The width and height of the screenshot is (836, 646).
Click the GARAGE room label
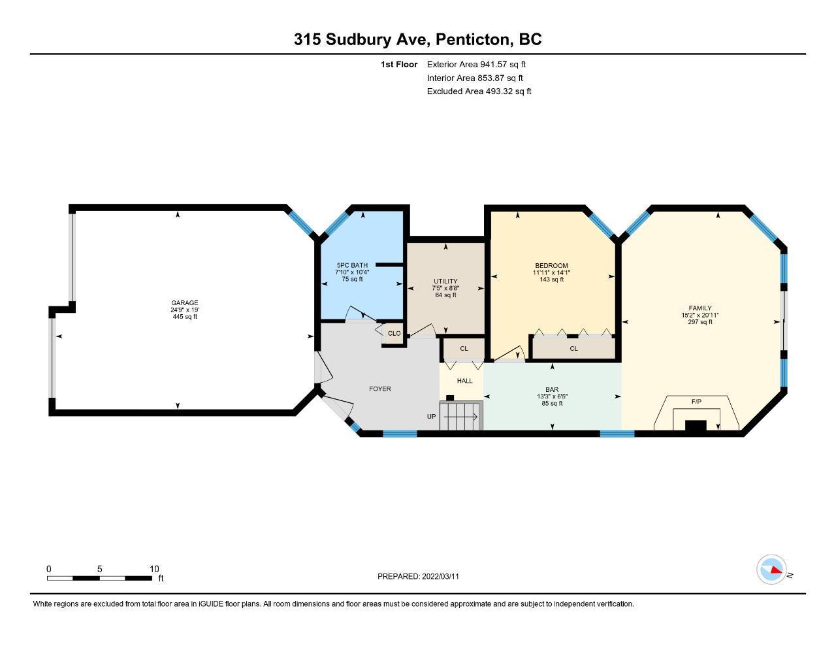pyautogui.click(x=185, y=303)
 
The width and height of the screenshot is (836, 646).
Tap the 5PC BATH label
pyautogui.click(x=352, y=265)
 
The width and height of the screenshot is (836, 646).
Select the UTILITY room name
pyautogui.click(x=445, y=282)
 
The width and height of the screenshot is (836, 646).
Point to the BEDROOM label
pyautogui.click(x=551, y=265)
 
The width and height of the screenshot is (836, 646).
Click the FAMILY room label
pyautogui.click(x=700, y=308)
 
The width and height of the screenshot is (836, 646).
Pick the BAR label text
pyautogui.click(x=552, y=390)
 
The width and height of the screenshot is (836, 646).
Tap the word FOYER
pyautogui.click(x=380, y=389)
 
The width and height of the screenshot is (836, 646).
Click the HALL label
pyautogui.click(x=465, y=381)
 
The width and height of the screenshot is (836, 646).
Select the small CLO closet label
pyautogui.click(x=394, y=333)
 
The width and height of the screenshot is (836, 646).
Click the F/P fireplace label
pyautogui.click(x=696, y=401)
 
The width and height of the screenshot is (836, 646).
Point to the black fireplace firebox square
pyautogui.click(x=696, y=425)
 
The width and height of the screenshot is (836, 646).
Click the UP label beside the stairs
pyautogui.click(x=431, y=416)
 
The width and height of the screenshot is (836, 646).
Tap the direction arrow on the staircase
pyautogui.click(x=461, y=416)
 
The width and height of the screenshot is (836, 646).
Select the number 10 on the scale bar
pyautogui.click(x=154, y=569)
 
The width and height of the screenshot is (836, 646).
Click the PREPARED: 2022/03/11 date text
pyautogui.click(x=418, y=576)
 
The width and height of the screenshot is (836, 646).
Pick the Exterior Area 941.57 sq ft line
pyautogui.click(x=476, y=64)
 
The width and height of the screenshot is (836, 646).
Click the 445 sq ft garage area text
pyautogui.click(x=185, y=317)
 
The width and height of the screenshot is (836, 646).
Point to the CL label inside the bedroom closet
pyautogui.click(x=573, y=349)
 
